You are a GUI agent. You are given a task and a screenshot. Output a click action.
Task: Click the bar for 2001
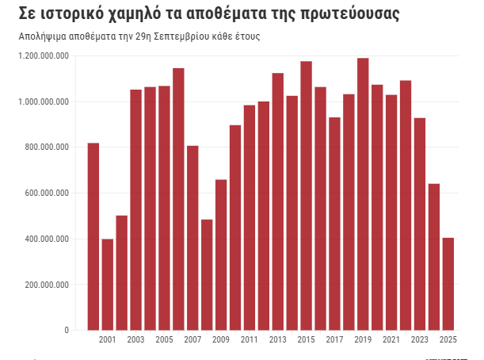pos(108,284)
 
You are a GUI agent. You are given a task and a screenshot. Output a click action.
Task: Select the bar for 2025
pos(448,283)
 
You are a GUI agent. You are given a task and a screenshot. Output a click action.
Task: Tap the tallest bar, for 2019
pos(363,193)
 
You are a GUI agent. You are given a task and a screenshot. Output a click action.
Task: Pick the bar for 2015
pos(306,195)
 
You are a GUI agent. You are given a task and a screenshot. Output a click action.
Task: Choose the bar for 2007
pos(192,238)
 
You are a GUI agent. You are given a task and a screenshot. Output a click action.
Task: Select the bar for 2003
pos(136,209)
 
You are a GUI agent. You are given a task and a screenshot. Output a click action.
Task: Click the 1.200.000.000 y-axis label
pos(44,56)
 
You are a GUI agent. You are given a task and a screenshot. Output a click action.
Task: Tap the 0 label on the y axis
pos(67,331)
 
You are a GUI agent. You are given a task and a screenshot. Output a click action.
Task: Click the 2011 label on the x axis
pos(250,340)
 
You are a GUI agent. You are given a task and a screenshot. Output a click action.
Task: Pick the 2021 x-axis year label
pos(391,340)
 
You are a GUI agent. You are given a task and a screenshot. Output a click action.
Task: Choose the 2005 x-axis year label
pos(164,340)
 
